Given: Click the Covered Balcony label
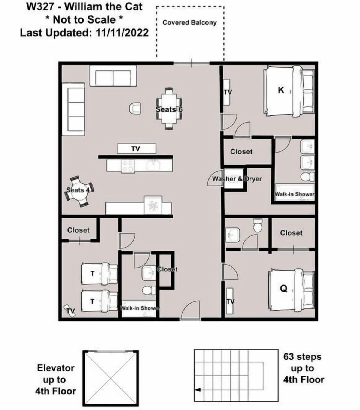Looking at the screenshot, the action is (189, 22).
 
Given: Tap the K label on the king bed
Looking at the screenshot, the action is (281, 90).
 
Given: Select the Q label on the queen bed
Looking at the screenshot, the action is (283, 289).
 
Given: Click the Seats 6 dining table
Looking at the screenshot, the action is (169, 109).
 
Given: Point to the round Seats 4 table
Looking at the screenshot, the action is (79, 191).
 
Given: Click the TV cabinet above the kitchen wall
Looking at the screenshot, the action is (136, 148).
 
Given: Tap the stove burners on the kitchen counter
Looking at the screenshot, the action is (128, 166).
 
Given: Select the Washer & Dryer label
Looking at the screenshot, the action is (237, 179).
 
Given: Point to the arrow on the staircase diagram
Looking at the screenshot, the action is (198, 390).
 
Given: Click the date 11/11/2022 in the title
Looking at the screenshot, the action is (122, 33).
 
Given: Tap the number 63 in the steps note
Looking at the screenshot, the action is (289, 357).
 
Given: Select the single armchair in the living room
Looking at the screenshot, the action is (135, 108).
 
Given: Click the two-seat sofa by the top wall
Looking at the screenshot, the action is (113, 76).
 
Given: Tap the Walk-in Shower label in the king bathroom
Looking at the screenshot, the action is (294, 194).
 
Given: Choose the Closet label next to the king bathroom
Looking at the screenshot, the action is (241, 152).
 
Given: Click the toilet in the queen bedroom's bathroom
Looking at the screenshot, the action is (258, 225).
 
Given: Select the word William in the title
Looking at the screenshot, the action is (84, 6).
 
